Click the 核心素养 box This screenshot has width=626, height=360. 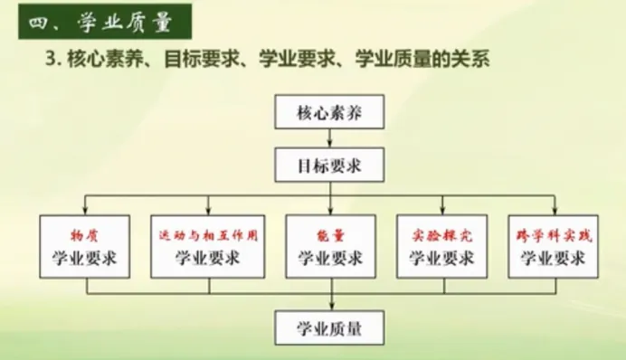[x=329, y=115]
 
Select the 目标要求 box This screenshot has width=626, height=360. [x=329, y=166]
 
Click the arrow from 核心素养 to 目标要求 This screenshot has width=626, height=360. [x=329, y=140]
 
